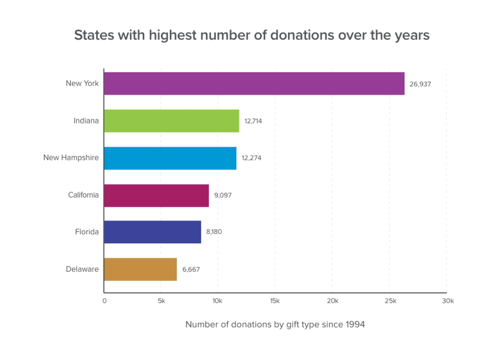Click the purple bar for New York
pyautogui.click(x=254, y=84)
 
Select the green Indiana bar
pyautogui.click(x=171, y=121)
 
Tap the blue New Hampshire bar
pyautogui.click(x=170, y=158)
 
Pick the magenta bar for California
pyautogui.click(x=157, y=195)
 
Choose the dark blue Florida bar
pyautogui.click(x=153, y=232)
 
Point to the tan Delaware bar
pyautogui.click(x=140, y=269)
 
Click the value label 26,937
pyautogui.click(x=420, y=84)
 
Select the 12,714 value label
pyautogui.click(x=253, y=121)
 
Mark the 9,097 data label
pyautogui.click(x=222, y=195)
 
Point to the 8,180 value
pyautogui.click(x=214, y=232)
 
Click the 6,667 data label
pyautogui.click(x=191, y=269)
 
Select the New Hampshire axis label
pyautogui.click(x=71, y=158)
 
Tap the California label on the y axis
pyautogui.click(x=83, y=195)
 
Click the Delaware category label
pyautogui.click(x=82, y=269)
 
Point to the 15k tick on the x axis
pyautogui.click(x=275, y=301)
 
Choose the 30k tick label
pyautogui.click(x=447, y=301)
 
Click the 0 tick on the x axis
pyautogui.click(x=104, y=301)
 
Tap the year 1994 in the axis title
pyautogui.click(x=354, y=325)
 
